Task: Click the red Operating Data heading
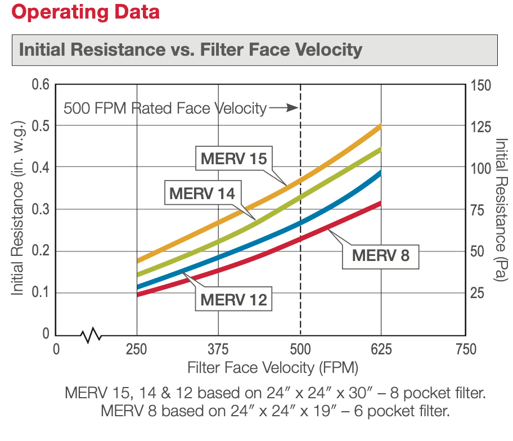[80, 12]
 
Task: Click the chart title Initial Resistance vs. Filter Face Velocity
[191, 49]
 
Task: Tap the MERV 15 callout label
[233, 158]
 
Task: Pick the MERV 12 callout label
[233, 299]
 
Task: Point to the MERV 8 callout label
[380, 255]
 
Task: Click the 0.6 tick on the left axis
[40, 84]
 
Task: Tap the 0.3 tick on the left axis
[40, 209]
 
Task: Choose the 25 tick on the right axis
[477, 292]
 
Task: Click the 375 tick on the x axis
[218, 349]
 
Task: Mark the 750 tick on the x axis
[464, 349]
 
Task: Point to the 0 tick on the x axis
[56, 349]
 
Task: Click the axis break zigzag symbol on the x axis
[92, 336]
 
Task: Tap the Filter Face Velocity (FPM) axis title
[272, 368]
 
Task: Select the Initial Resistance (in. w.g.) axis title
[17, 208]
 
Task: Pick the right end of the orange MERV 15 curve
[380, 126]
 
